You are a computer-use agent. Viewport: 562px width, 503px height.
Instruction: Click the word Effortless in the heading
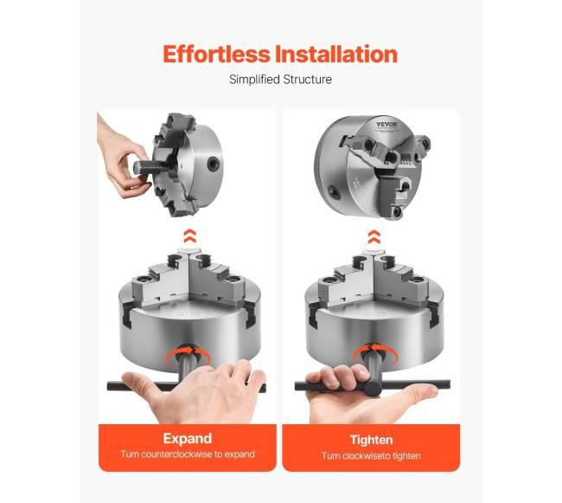pos(216,55)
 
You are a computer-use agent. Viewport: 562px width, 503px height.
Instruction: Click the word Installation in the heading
pos(336,55)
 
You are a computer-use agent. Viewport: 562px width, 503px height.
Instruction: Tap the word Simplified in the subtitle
pos(254,80)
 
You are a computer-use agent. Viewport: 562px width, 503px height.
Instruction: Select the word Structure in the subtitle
pos(308,80)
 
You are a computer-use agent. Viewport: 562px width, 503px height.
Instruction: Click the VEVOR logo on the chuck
pos(386,125)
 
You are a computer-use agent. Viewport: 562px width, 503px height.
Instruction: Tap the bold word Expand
pos(188,439)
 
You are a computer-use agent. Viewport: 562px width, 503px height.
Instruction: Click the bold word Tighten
pos(371,440)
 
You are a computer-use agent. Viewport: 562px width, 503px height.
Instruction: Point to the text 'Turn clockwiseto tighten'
pos(371,456)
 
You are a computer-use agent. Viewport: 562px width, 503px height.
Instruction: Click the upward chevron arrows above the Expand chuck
pos(189,236)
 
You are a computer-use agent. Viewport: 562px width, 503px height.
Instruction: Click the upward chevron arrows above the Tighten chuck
pos(374,237)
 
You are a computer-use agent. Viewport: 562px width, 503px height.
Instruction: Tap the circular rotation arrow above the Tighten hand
pos(375,353)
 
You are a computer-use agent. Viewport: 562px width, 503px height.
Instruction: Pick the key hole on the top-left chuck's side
pos(213,164)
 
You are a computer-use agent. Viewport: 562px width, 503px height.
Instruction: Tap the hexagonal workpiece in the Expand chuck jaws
pos(189,251)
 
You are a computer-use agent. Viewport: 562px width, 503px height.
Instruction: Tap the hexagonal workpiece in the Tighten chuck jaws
pos(374,251)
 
